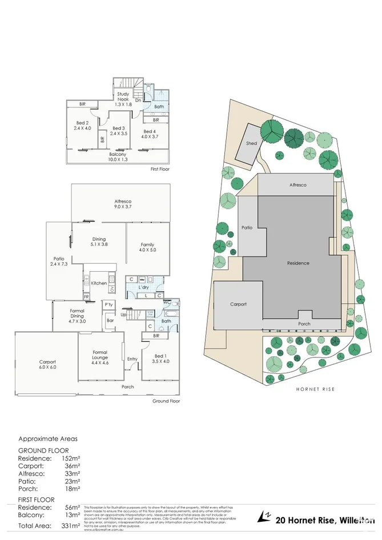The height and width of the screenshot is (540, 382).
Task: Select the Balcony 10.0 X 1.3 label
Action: click(118, 156)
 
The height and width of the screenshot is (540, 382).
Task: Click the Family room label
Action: click(147, 247)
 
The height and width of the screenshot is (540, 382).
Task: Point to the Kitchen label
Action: click(99, 283)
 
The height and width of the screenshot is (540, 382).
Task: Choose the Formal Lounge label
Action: click(100, 356)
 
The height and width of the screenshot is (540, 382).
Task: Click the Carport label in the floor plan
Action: click(47, 364)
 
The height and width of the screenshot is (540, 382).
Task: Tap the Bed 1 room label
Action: click(161, 358)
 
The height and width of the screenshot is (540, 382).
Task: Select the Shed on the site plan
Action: click(251, 143)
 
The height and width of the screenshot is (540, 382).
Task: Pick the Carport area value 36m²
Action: click(71, 466)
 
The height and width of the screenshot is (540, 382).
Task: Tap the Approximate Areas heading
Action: click(48, 439)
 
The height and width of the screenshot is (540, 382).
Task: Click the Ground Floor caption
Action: click(166, 401)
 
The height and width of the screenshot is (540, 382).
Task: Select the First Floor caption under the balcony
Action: click(160, 169)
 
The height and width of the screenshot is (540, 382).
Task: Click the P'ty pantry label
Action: click(108, 306)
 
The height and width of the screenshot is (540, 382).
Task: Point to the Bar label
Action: click(110, 321)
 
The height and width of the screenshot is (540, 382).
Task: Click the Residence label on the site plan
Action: click(298, 263)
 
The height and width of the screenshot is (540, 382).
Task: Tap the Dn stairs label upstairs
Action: click(138, 100)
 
